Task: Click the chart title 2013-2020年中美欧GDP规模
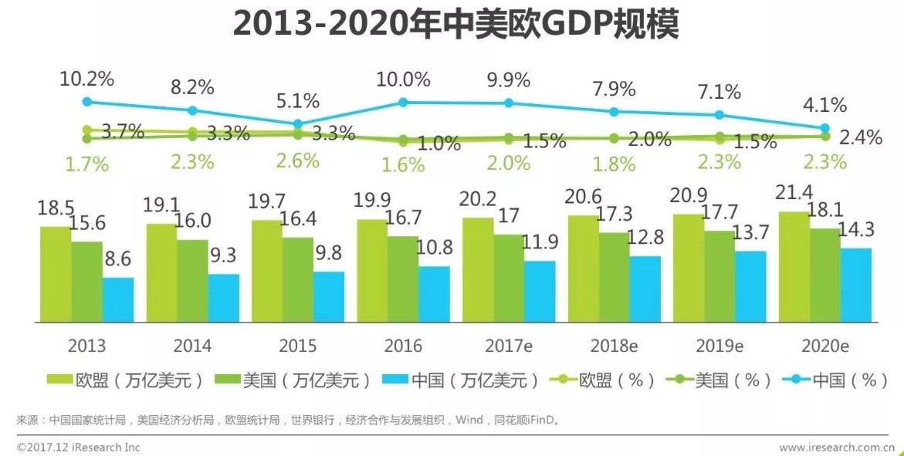click(x=455, y=25)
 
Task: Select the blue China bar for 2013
click(x=118, y=299)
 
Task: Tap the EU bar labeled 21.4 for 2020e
click(x=794, y=266)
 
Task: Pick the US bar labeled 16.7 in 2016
click(x=403, y=279)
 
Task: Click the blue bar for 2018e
click(x=645, y=289)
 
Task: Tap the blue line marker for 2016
click(x=403, y=102)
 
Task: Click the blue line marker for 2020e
click(x=824, y=128)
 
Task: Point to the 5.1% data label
click(x=298, y=101)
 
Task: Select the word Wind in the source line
click(x=469, y=421)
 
